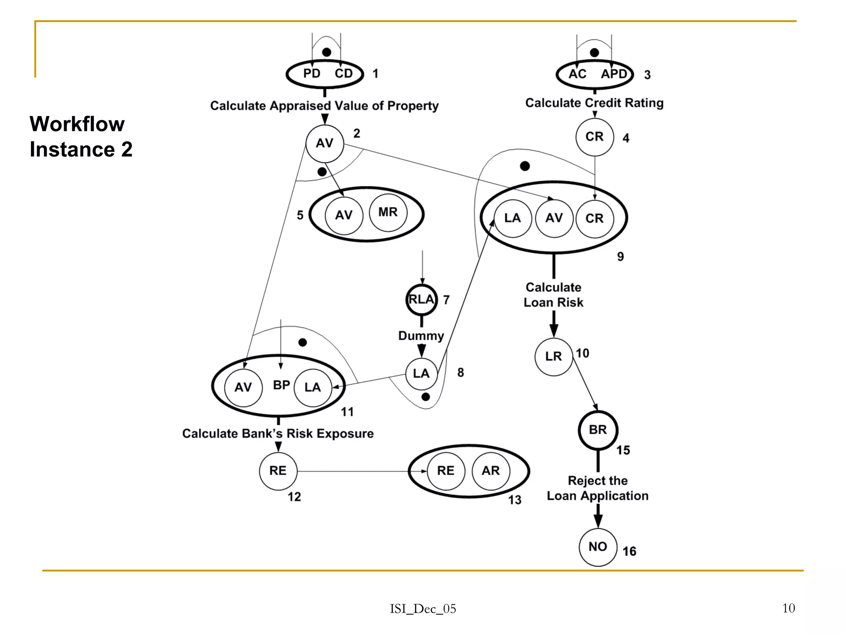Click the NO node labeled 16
pyautogui.click(x=598, y=547)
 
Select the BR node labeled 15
pyautogui.click(x=598, y=430)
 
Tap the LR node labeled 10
pyautogui.click(x=554, y=357)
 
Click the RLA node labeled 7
pyautogui.click(x=421, y=300)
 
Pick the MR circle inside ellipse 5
pyautogui.click(x=388, y=213)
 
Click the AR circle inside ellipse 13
pyautogui.click(x=491, y=471)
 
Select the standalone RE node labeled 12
pyautogui.click(x=278, y=471)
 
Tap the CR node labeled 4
pyautogui.click(x=594, y=137)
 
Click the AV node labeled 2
pyautogui.click(x=325, y=144)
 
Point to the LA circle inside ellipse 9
pyautogui.click(x=513, y=218)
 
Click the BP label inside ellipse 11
pyautogui.click(x=281, y=385)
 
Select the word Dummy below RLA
pyautogui.click(x=421, y=336)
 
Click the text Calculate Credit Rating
pyautogui.click(x=594, y=103)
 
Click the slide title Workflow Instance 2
pyautogui.click(x=81, y=137)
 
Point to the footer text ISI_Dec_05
pyautogui.click(x=423, y=609)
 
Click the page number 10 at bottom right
pyautogui.click(x=788, y=608)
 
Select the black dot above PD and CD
pyautogui.click(x=326, y=52)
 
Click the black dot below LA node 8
pyautogui.click(x=425, y=397)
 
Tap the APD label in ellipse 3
pyautogui.click(x=614, y=74)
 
